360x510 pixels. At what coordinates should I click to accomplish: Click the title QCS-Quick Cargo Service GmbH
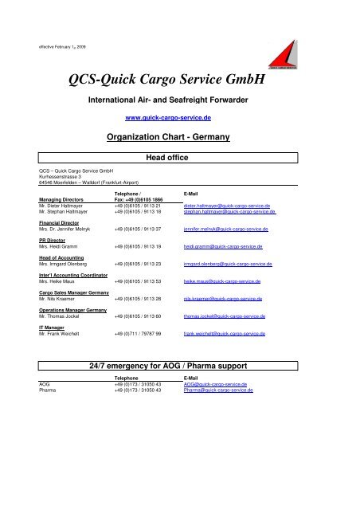(180, 77)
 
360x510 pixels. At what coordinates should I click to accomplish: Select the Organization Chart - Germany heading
(180, 137)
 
